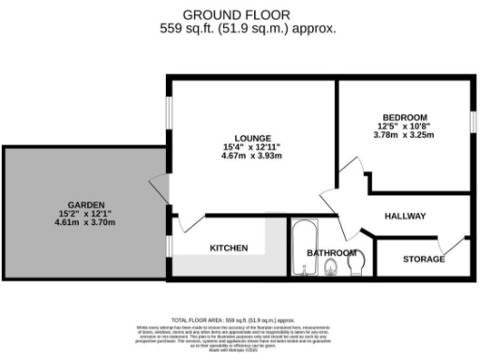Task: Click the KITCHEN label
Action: tap(228, 248)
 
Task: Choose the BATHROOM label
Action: tap(333, 253)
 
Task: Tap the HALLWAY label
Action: tap(405, 217)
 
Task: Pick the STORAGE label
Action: tap(423, 258)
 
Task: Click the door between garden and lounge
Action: tap(158, 192)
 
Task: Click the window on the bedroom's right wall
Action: tap(472, 122)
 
